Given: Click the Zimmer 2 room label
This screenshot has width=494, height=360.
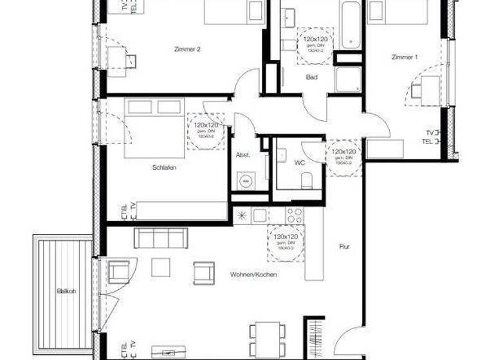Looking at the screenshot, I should click(x=183, y=49).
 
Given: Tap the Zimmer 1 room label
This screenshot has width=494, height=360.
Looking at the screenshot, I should click(x=405, y=58).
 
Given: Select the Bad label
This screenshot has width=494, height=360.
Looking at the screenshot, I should click(x=312, y=77).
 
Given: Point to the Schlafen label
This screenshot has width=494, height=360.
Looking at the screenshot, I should click(x=165, y=167).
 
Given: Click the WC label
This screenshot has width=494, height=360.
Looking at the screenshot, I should click(x=300, y=163).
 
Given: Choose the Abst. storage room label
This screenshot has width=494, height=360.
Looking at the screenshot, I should click(x=242, y=155).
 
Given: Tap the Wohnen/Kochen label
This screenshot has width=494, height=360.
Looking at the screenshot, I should click(x=253, y=274).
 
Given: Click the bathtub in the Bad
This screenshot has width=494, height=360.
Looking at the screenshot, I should click(x=351, y=26).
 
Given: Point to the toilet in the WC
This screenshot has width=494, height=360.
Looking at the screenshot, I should click(x=307, y=179).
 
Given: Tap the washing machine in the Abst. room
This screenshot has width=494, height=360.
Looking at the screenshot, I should click(x=244, y=181).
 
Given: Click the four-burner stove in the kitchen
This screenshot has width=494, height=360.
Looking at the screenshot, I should click(x=295, y=215).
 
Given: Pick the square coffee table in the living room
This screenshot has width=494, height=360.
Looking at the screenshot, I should click(x=160, y=267).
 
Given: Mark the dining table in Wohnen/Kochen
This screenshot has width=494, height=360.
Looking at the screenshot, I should click(x=266, y=334).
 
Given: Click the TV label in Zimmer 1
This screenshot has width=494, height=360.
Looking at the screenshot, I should click(x=429, y=132).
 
